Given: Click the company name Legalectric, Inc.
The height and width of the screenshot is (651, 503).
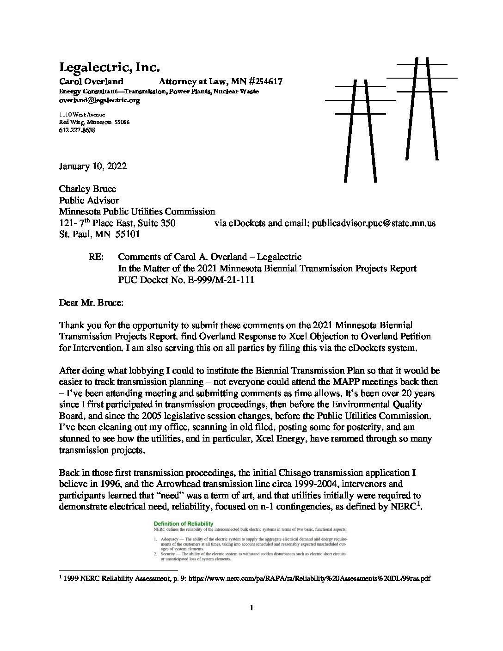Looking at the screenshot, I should pyautogui.click(x=109, y=68).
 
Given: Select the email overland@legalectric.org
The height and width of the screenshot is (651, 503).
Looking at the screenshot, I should pyautogui.click(x=99, y=100).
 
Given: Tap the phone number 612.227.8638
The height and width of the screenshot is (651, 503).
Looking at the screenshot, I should pyautogui.click(x=77, y=130).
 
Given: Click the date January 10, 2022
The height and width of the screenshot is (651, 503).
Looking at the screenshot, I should pyautogui.click(x=92, y=166).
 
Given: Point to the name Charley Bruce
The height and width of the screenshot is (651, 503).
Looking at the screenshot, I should pyautogui.click(x=87, y=189).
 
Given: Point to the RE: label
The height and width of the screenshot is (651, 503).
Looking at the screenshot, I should pyautogui.click(x=95, y=257).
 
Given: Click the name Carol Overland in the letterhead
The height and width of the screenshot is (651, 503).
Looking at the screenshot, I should pyautogui.click(x=91, y=82).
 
